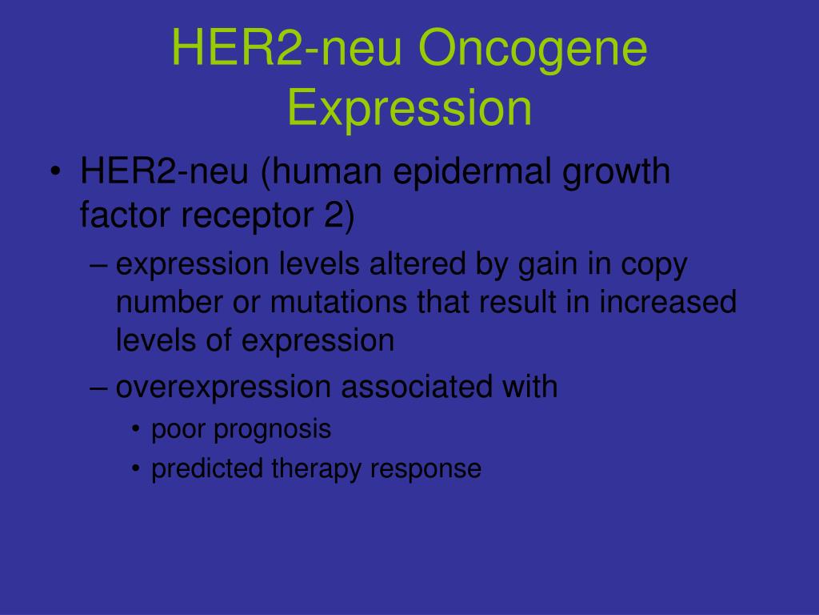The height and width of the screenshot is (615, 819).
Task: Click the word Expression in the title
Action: point(409,108)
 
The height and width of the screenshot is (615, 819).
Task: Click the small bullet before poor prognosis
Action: point(137,430)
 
